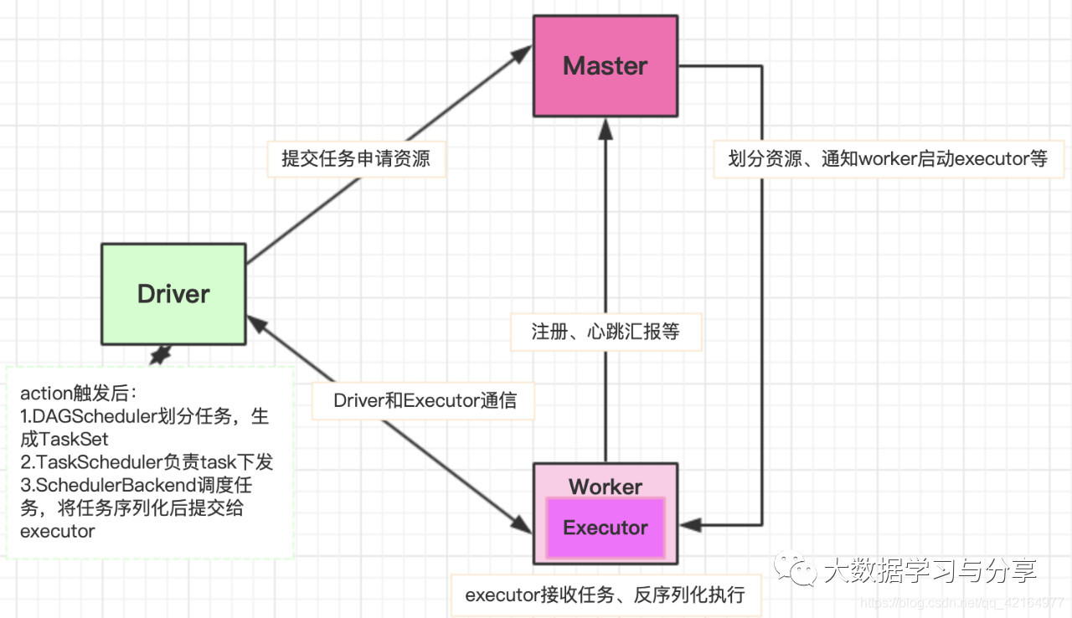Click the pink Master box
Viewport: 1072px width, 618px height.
click(x=605, y=66)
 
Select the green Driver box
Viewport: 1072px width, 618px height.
click(x=173, y=294)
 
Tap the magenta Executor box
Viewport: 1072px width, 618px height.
click(x=605, y=528)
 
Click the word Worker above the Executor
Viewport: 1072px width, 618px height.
click(x=605, y=487)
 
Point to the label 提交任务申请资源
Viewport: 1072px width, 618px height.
click(x=356, y=158)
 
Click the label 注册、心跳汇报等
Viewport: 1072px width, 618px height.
click(x=606, y=332)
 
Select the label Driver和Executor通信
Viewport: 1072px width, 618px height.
click(x=424, y=400)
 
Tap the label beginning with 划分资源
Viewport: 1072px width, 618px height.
click(x=888, y=158)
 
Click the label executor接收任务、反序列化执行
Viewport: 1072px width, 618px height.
click(x=605, y=595)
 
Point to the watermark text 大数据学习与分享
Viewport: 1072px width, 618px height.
click(x=930, y=571)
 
